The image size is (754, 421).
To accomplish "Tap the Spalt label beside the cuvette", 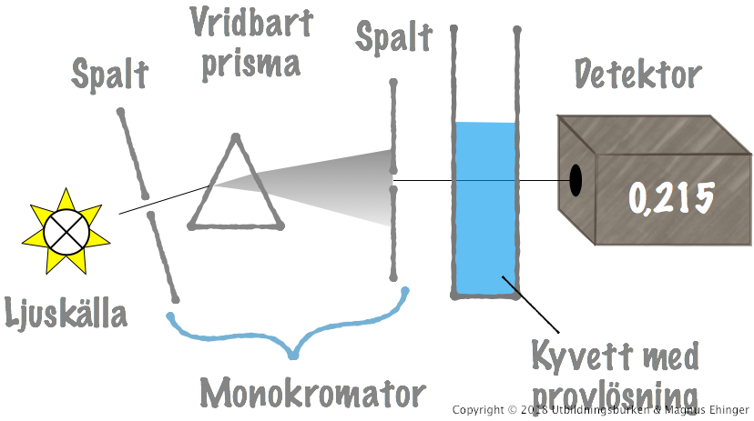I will pyautogui.click(x=393, y=38).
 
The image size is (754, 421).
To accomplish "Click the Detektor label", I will pyautogui.click(x=638, y=75).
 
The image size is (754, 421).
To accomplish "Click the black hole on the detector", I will pyautogui.click(x=576, y=180).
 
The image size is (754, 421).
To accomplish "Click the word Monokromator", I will pyautogui.click(x=312, y=393).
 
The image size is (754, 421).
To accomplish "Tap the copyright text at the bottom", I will pyautogui.click(x=601, y=411).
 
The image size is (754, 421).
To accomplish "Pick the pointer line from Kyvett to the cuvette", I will pyautogui.click(x=531, y=305).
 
